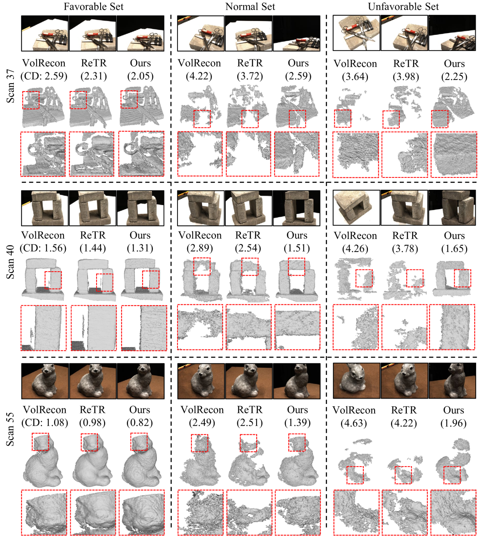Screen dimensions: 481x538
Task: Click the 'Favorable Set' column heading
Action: (93, 7)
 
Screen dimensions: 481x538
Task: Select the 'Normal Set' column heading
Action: (250, 7)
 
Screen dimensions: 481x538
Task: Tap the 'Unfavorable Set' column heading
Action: (403, 7)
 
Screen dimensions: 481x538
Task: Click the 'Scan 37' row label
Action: (10, 86)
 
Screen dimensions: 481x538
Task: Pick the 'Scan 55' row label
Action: (10, 430)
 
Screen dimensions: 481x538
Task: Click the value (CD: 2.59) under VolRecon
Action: (44, 76)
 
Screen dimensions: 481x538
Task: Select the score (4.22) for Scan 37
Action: (199, 76)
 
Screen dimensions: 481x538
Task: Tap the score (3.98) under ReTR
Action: (406, 77)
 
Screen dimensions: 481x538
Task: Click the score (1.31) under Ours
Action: (140, 248)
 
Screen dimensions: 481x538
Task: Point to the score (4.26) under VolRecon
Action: (355, 249)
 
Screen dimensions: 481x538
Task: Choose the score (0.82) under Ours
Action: (139, 423)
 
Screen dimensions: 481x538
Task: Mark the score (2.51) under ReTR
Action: (249, 423)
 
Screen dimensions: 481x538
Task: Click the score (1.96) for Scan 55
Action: (453, 423)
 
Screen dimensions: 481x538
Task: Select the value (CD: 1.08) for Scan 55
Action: (45, 423)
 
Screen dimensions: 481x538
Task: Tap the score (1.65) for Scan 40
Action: (454, 249)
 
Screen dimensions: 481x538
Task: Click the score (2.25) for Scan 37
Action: (454, 77)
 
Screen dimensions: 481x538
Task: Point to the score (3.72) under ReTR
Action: (250, 76)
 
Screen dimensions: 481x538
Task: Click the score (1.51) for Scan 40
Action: (297, 248)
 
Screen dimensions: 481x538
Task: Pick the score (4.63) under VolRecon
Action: (354, 423)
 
